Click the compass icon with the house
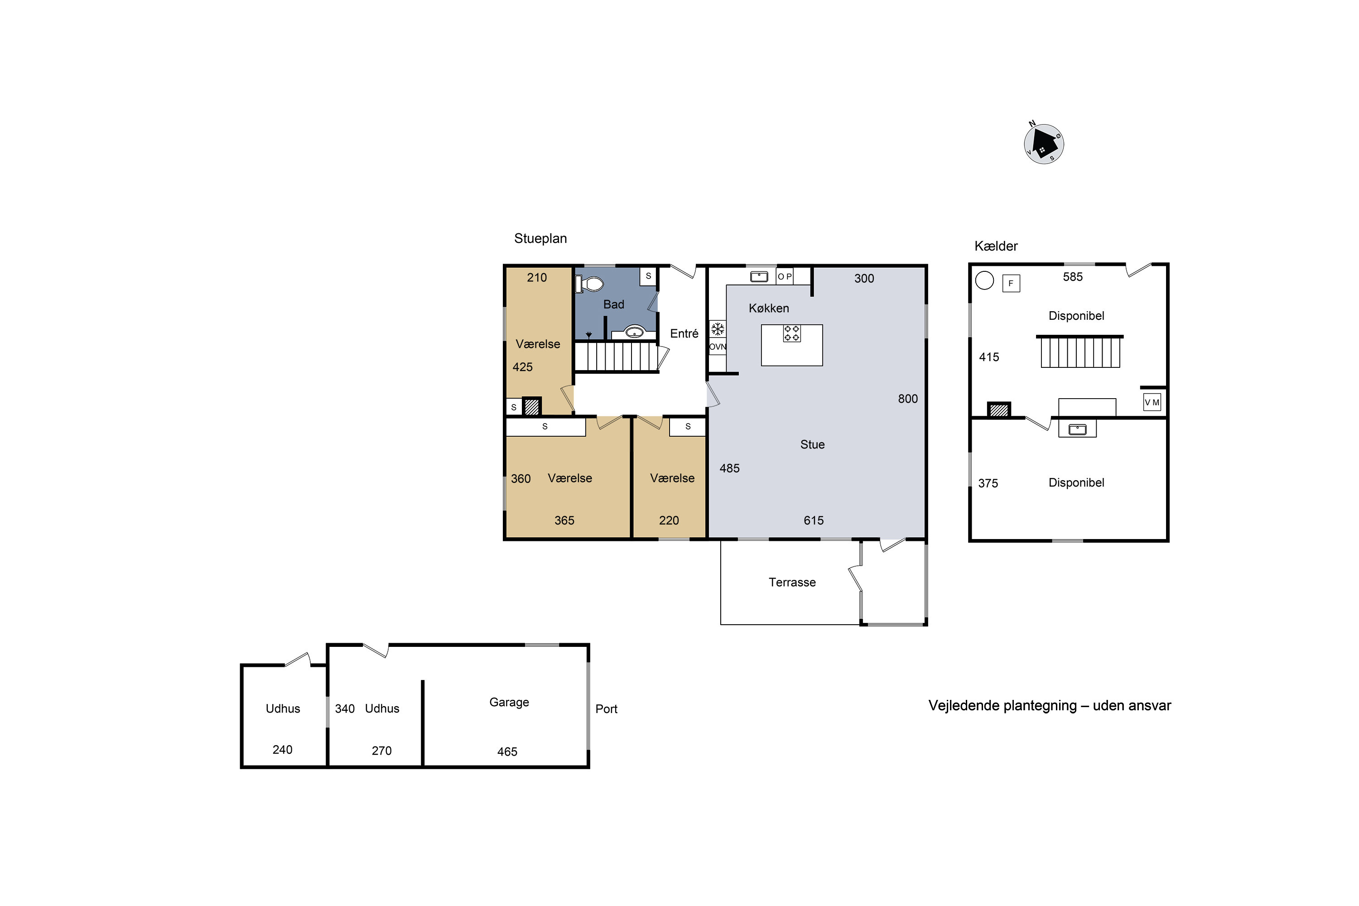click(x=1044, y=144)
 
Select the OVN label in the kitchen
click(x=718, y=347)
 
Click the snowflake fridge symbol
click(x=718, y=329)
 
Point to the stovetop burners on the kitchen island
click(x=791, y=333)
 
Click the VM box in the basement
click(x=1152, y=402)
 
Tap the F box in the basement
click(x=1011, y=283)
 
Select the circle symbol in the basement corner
click(x=984, y=280)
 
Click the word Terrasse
click(x=792, y=583)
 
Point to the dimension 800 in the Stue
click(x=908, y=399)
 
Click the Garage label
click(x=509, y=702)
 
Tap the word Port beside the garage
click(x=607, y=709)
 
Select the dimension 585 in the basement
click(x=1072, y=277)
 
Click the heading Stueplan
click(x=540, y=239)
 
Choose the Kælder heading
click(x=996, y=246)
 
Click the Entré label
click(x=684, y=333)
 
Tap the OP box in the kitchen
click(x=785, y=276)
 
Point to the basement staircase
click(x=1080, y=352)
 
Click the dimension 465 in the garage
click(x=507, y=752)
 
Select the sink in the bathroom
click(x=635, y=332)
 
